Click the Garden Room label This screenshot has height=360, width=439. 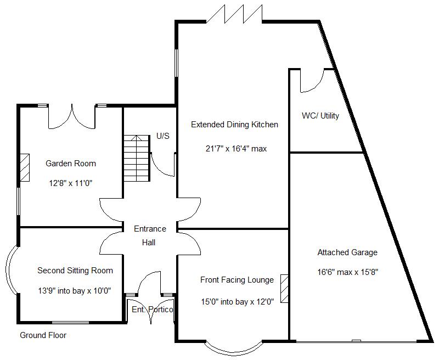70,163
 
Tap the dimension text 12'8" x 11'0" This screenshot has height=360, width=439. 70,183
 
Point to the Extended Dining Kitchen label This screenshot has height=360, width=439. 234,125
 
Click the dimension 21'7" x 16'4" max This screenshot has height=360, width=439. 236,148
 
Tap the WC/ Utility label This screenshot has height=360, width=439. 320,116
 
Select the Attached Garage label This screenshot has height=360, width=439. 347,252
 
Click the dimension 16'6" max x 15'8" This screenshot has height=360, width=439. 348,272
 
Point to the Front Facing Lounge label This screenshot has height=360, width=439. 237,280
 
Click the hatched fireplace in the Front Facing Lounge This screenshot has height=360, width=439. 284,289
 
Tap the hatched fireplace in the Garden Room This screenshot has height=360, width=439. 25,167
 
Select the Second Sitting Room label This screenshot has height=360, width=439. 75,270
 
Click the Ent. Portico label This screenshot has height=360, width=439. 153,310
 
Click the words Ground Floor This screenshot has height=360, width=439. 43,335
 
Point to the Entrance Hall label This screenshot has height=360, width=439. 149,235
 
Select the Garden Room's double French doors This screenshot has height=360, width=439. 72,116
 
